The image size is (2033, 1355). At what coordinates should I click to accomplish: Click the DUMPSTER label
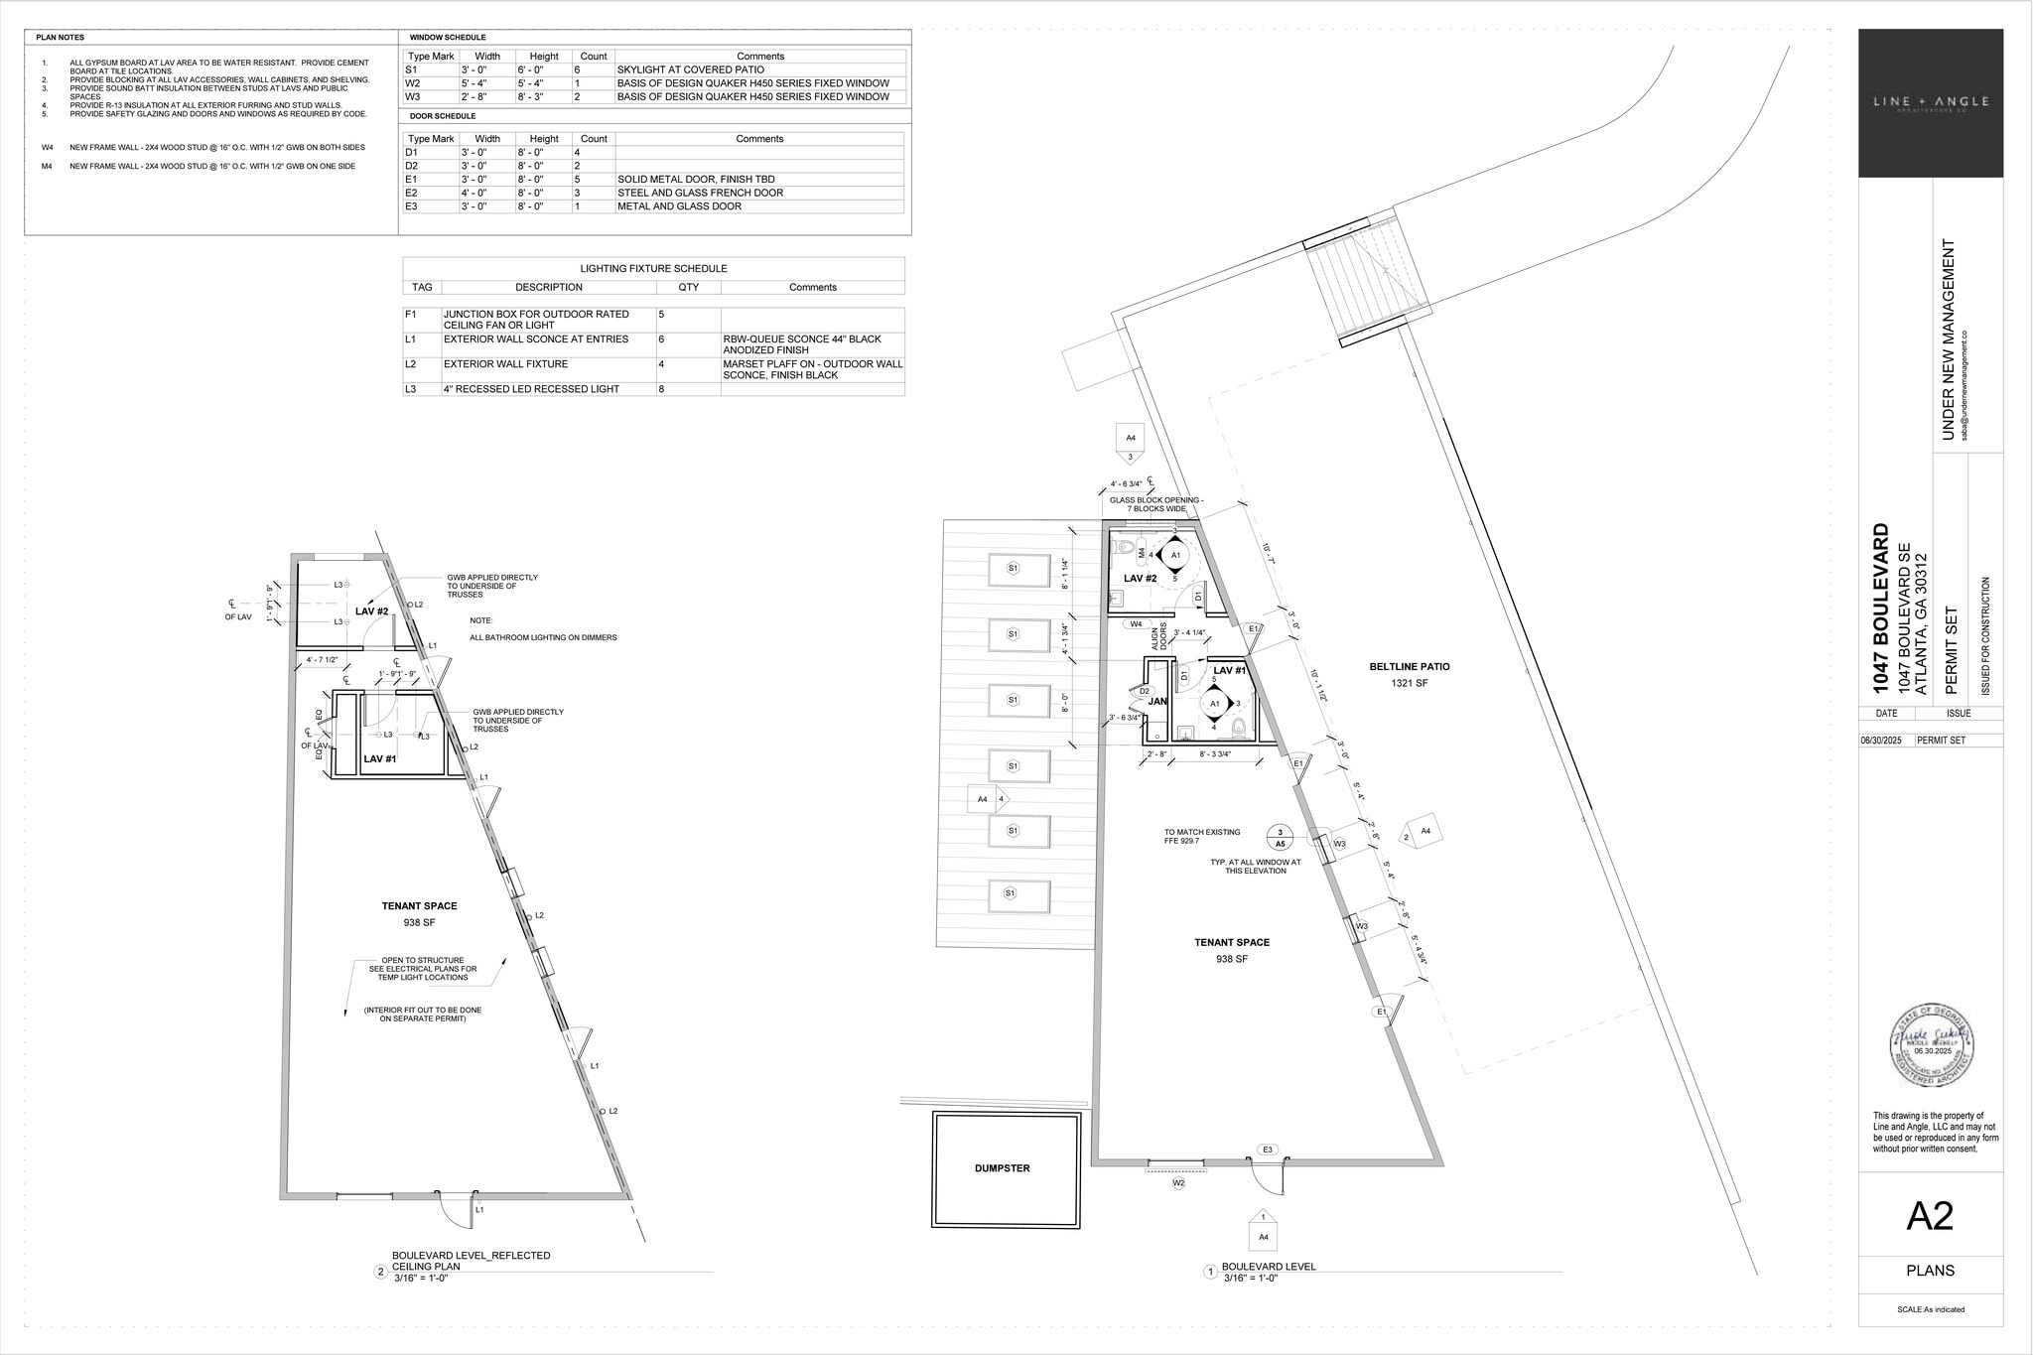pos(1002,1168)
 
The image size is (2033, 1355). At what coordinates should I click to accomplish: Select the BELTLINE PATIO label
pos(1409,667)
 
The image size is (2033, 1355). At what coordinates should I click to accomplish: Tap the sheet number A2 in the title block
pos(1930,1216)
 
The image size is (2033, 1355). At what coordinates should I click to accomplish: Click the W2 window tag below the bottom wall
pos(1178,1183)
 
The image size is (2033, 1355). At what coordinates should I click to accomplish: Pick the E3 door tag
pos(1267,1150)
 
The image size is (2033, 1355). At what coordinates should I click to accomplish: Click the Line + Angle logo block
pos(1930,103)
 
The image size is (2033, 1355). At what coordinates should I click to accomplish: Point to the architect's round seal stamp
pos(1930,1044)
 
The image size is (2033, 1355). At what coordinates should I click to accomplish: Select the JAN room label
pos(1157,702)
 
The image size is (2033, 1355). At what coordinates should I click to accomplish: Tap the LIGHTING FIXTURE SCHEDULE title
pos(653,269)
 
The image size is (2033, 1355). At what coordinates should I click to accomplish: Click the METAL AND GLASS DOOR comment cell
pos(679,206)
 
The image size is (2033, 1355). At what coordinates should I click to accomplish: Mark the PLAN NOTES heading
pos(61,38)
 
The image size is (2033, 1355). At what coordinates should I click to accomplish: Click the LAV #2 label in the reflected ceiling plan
pos(371,611)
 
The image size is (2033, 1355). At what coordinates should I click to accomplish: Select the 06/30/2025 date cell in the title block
pos(1886,741)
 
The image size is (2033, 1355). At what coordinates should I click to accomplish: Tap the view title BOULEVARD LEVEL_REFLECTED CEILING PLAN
pos(471,1261)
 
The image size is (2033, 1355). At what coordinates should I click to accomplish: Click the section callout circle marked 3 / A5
pos(1280,838)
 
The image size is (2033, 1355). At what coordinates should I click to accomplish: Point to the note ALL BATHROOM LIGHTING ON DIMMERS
pos(543,637)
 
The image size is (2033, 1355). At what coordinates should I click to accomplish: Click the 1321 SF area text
pos(1409,684)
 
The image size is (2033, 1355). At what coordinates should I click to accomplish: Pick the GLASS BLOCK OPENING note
pos(1155,504)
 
